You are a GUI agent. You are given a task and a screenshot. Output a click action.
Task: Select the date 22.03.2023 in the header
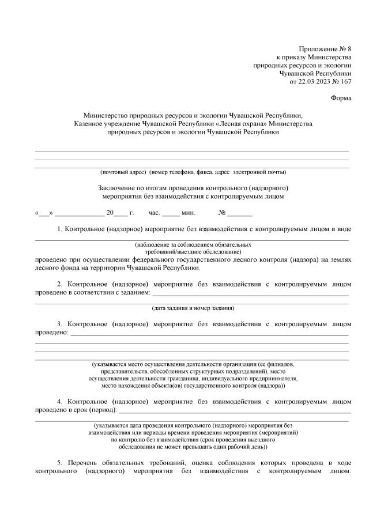point(314,81)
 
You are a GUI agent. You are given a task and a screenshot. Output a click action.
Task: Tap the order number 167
point(345,81)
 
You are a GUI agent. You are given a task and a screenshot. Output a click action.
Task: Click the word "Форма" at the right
point(341,98)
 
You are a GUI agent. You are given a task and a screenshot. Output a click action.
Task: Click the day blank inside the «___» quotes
point(44,213)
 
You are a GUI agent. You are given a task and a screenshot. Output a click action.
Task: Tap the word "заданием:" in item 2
point(134,292)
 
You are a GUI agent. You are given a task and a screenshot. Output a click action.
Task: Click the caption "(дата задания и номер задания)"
point(193,308)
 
